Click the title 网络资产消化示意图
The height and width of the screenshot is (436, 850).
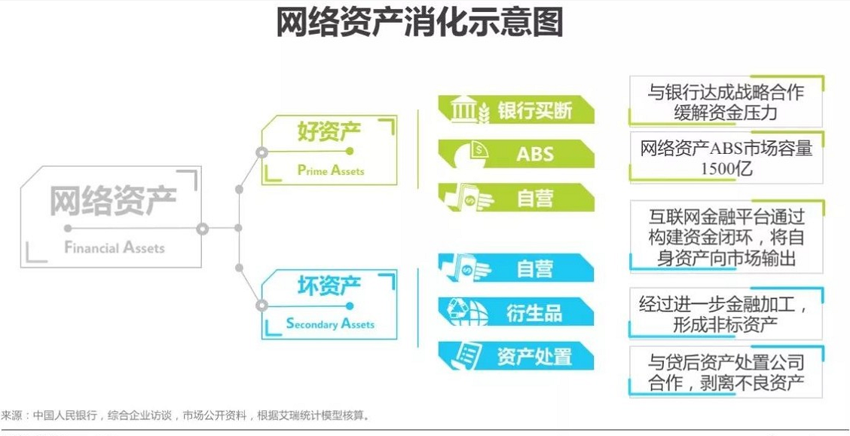[x=419, y=23]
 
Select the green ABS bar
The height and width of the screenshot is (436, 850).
[x=516, y=155]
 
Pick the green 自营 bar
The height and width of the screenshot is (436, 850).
[x=516, y=198]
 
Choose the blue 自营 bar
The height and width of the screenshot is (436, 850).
[x=516, y=269]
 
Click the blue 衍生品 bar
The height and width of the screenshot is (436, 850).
[x=516, y=312]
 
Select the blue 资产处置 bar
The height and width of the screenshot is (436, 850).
[x=516, y=356]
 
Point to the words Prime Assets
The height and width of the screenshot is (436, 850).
[x=330, y=170]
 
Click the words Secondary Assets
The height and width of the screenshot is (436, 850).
[x=330, y=324]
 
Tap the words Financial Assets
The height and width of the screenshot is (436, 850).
[x=114, y=247]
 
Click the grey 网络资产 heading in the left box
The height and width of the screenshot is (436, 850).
[x=113, y=201]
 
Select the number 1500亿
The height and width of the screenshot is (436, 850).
[x=726, y=168]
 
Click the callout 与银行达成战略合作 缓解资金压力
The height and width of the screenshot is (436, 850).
[x=726, y=102]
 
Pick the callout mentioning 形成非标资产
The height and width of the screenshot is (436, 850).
[x=726, y=315]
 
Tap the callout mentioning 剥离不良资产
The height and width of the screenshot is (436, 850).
[x=726, y=372]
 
